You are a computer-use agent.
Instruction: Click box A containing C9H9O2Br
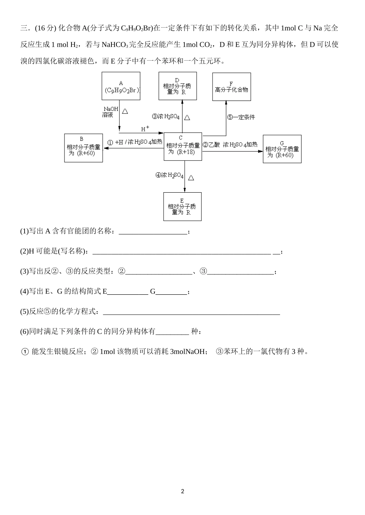point(121,87)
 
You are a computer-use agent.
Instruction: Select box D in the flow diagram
point(178,86)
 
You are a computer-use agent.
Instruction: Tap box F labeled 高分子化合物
point(231,87)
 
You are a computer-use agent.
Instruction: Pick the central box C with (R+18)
point(183,146)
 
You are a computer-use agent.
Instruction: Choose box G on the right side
point(282,149)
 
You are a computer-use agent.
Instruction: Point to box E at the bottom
point(182,206)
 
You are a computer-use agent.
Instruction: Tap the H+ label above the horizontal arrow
point(145,129)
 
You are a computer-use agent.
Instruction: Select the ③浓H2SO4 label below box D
point(166,117)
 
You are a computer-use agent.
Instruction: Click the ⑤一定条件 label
point(241,117)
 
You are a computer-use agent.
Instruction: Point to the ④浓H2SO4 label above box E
point(169,175)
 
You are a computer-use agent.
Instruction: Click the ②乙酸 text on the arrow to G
point(211,145)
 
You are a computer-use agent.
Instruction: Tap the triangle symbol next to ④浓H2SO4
point(191,178)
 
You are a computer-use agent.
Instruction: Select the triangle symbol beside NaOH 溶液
point(125,111)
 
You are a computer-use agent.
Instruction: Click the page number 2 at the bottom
point(182,491)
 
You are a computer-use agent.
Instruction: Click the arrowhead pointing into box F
point(226,103)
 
